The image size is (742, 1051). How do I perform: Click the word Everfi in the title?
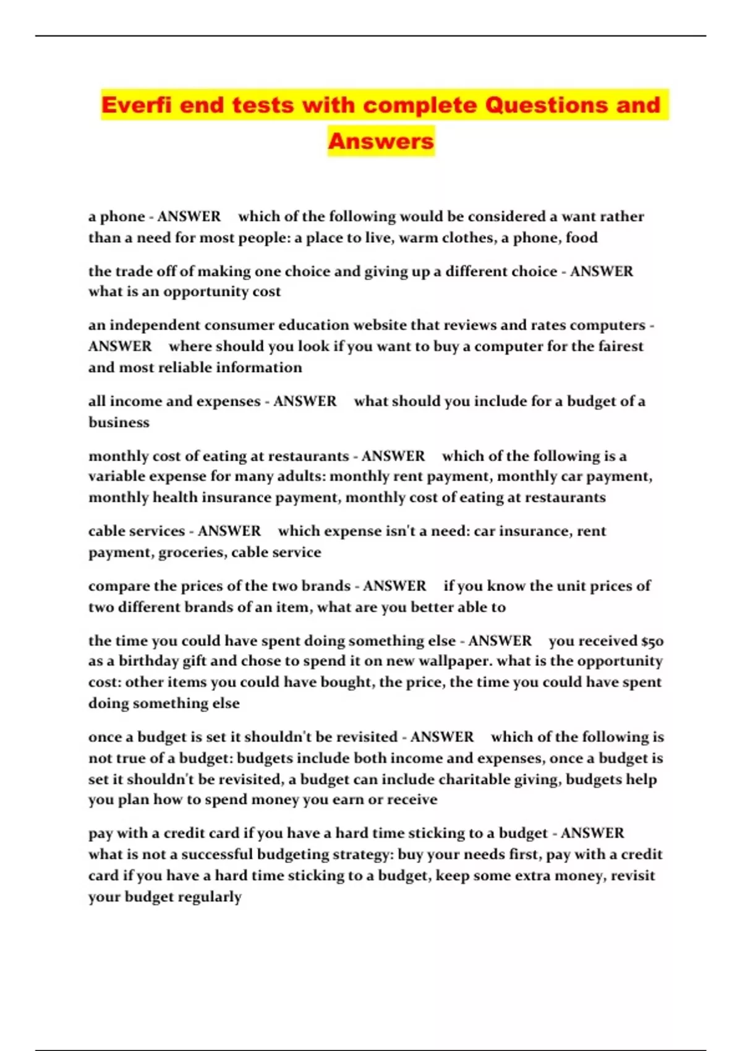137,105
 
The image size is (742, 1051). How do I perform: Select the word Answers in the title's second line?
381,141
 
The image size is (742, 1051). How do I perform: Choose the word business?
119,422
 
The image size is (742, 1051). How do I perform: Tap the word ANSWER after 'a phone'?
189,216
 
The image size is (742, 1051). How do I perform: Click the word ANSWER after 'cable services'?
229,531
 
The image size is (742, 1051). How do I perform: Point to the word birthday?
148,662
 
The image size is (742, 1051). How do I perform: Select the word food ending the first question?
581,238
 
